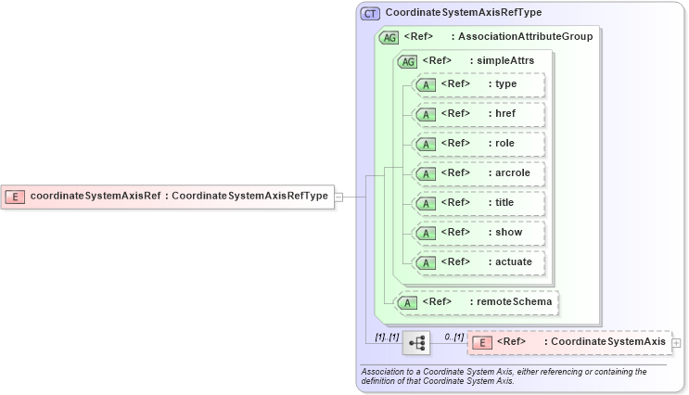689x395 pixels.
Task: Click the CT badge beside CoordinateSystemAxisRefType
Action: (x=370, y=13)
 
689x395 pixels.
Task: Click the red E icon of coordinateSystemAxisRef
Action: (x=15, y=196)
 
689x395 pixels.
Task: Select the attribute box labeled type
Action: (x=478, y=84)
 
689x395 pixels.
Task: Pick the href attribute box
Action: (x=478, y=114)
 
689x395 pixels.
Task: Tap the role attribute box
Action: (x=478, y=144)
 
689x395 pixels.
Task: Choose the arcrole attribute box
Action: (x=478, y=173)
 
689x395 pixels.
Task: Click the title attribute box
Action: (x=478, y=202)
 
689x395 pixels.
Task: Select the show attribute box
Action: (x=478, y=232)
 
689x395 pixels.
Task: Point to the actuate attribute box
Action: (x=478, y=261)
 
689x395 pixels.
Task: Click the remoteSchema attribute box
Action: (x=478, y=301)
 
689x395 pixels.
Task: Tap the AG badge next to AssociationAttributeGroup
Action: (x=389, y=37)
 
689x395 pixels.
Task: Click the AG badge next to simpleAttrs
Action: (x=407, y=61)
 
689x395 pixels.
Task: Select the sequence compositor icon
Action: (x=417, y=343)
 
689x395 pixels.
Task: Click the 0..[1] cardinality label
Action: (x=453, y=336)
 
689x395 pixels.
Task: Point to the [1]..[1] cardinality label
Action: (x=387, y=336)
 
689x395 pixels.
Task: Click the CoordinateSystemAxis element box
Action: (x=568, y=342)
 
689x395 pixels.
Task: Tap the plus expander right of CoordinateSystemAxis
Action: (x=676, y=342)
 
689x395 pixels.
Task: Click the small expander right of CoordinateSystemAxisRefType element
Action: (x=338, y=197)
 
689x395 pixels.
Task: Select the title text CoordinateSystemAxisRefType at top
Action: (x=463, y=13)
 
